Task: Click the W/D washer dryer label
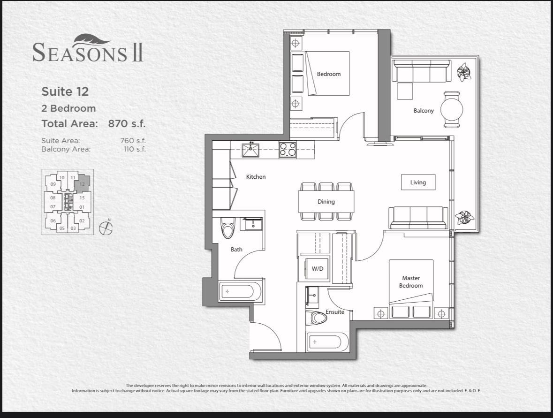[318, 269]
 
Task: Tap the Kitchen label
[256, 177]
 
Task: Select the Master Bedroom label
[411, 282]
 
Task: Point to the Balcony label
[423, 111]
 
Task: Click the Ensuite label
[335, 312]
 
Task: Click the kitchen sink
[250, 150]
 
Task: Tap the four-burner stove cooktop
[288, 150]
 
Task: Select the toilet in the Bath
[227, 228]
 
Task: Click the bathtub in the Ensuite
[328, 342]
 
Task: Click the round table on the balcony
[452, 109]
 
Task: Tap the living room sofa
[418, 218]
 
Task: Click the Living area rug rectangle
[418, 182]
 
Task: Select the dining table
[326, 201]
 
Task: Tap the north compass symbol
[106, 228]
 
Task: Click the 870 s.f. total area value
[127, 123]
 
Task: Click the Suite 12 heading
[65, 91]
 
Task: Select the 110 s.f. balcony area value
[135, 149]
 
